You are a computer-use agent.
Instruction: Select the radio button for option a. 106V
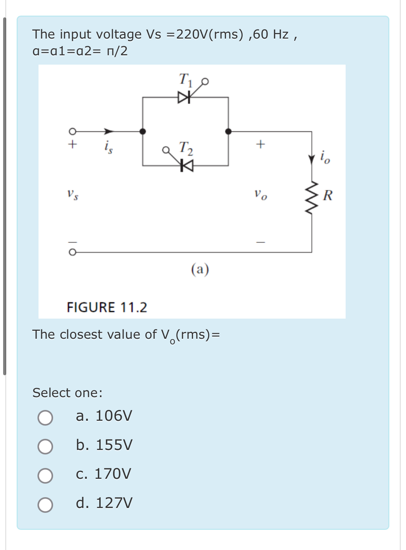pyautogui.click(x=45, y=418)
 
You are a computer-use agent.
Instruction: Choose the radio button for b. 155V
pyautogui.click(x=45, y=446)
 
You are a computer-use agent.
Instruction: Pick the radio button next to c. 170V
pyautogui.click(x=45, y=476)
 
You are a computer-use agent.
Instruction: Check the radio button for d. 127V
pyautogui.click(x=45, y=505)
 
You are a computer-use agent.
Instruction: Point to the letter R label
pyautogui.click(x=327, y=195)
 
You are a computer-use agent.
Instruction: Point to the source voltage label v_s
pyautogui.click(x=73, y=195)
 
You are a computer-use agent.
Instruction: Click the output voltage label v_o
pyautogui.click(x=261, y=195)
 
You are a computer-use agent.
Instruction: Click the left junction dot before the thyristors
pyautogui.click(x=143, y=131)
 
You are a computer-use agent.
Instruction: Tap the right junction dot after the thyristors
pyautogui.click(x=228, y=131)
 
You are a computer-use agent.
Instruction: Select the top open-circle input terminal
pyautogui.click(x=72, y=131)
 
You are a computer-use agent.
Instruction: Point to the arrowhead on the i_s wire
pyautogui.click(x=109, y=131)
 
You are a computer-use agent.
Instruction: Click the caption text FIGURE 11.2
pyautogui.click(x=107, y=307)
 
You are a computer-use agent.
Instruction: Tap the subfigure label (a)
pyautogui.click(x=200, y=269)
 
